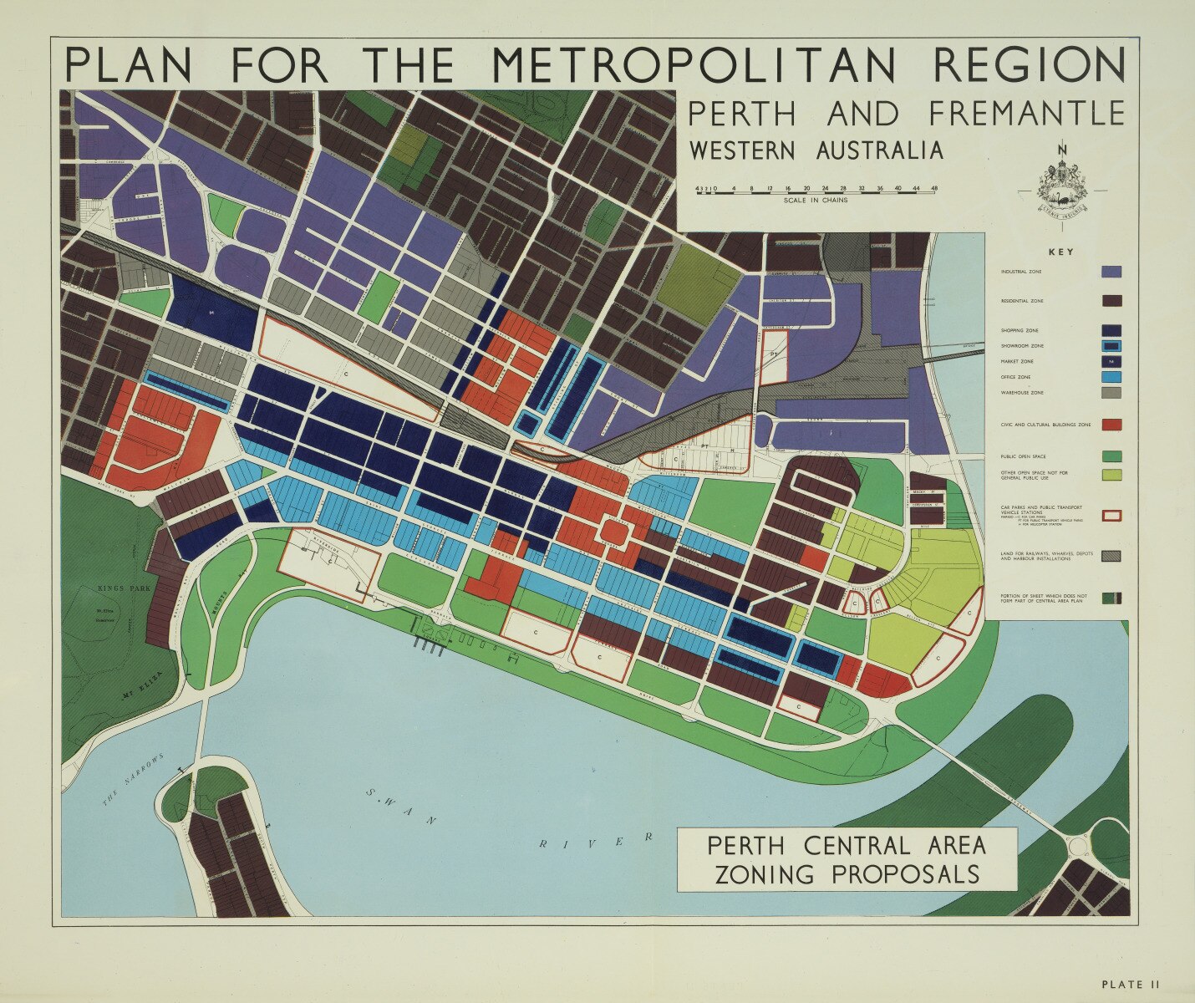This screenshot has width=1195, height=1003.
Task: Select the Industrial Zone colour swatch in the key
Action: point(1111,272)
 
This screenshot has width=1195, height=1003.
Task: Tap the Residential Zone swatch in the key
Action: point(1111,301)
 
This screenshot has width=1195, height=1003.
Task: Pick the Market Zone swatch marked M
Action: point(1111,361)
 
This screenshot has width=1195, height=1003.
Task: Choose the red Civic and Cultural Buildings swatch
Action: point(1111,425)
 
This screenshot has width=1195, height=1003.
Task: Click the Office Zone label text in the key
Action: point(1016,377)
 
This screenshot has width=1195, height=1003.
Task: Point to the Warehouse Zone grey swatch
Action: point(1111,392)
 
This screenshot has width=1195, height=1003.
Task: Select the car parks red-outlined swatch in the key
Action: point(1111,516)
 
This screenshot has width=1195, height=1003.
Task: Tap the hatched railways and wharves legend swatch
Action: point(1111,556)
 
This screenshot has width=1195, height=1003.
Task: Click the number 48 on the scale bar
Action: point(933,189)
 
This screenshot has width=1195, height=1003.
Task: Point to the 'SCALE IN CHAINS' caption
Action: point(816,201)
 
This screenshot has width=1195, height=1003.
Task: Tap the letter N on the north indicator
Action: point(1062,150)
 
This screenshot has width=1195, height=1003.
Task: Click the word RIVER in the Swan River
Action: point(594,842)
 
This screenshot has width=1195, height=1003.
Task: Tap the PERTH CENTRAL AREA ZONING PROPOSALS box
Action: point(847,859)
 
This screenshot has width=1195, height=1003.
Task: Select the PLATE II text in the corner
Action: point(1130,985)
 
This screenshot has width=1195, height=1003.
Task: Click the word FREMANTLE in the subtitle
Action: point(1026,114)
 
